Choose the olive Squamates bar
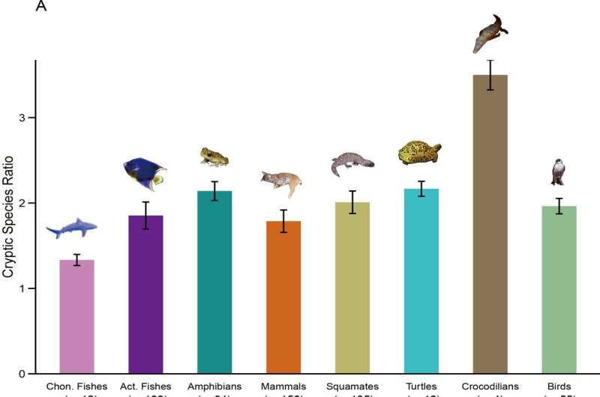352,288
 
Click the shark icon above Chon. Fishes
72,228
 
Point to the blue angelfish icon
144,173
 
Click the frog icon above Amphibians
214,157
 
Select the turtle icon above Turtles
419,152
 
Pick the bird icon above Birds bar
557,172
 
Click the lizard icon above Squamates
351,163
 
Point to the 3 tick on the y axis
24,118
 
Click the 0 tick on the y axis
24,374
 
